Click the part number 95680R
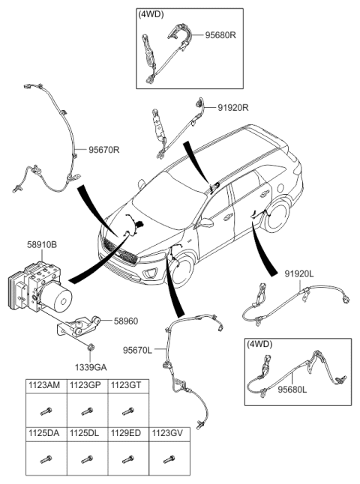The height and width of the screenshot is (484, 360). (x=217, y=34)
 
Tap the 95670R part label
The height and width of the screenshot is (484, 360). (x=104, y=149)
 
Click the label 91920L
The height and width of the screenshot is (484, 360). (x=300, y=275)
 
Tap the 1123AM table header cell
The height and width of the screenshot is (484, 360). (x=45, y=385)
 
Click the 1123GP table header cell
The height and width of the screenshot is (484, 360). (x=86, y=385)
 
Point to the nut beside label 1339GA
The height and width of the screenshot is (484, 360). (x=90, y=346)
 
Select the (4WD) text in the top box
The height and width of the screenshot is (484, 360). (x=151, y=14)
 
